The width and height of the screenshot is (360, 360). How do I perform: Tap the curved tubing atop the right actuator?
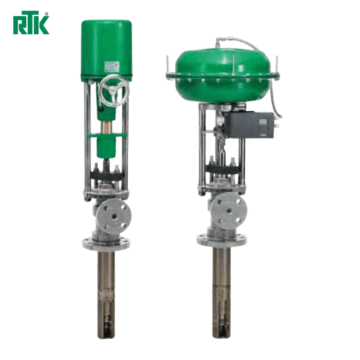click(x=248, y=45)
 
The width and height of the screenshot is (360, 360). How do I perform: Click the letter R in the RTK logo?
click(x=17, y=24)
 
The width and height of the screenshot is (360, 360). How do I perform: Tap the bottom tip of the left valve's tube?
click(x=107, y=332)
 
